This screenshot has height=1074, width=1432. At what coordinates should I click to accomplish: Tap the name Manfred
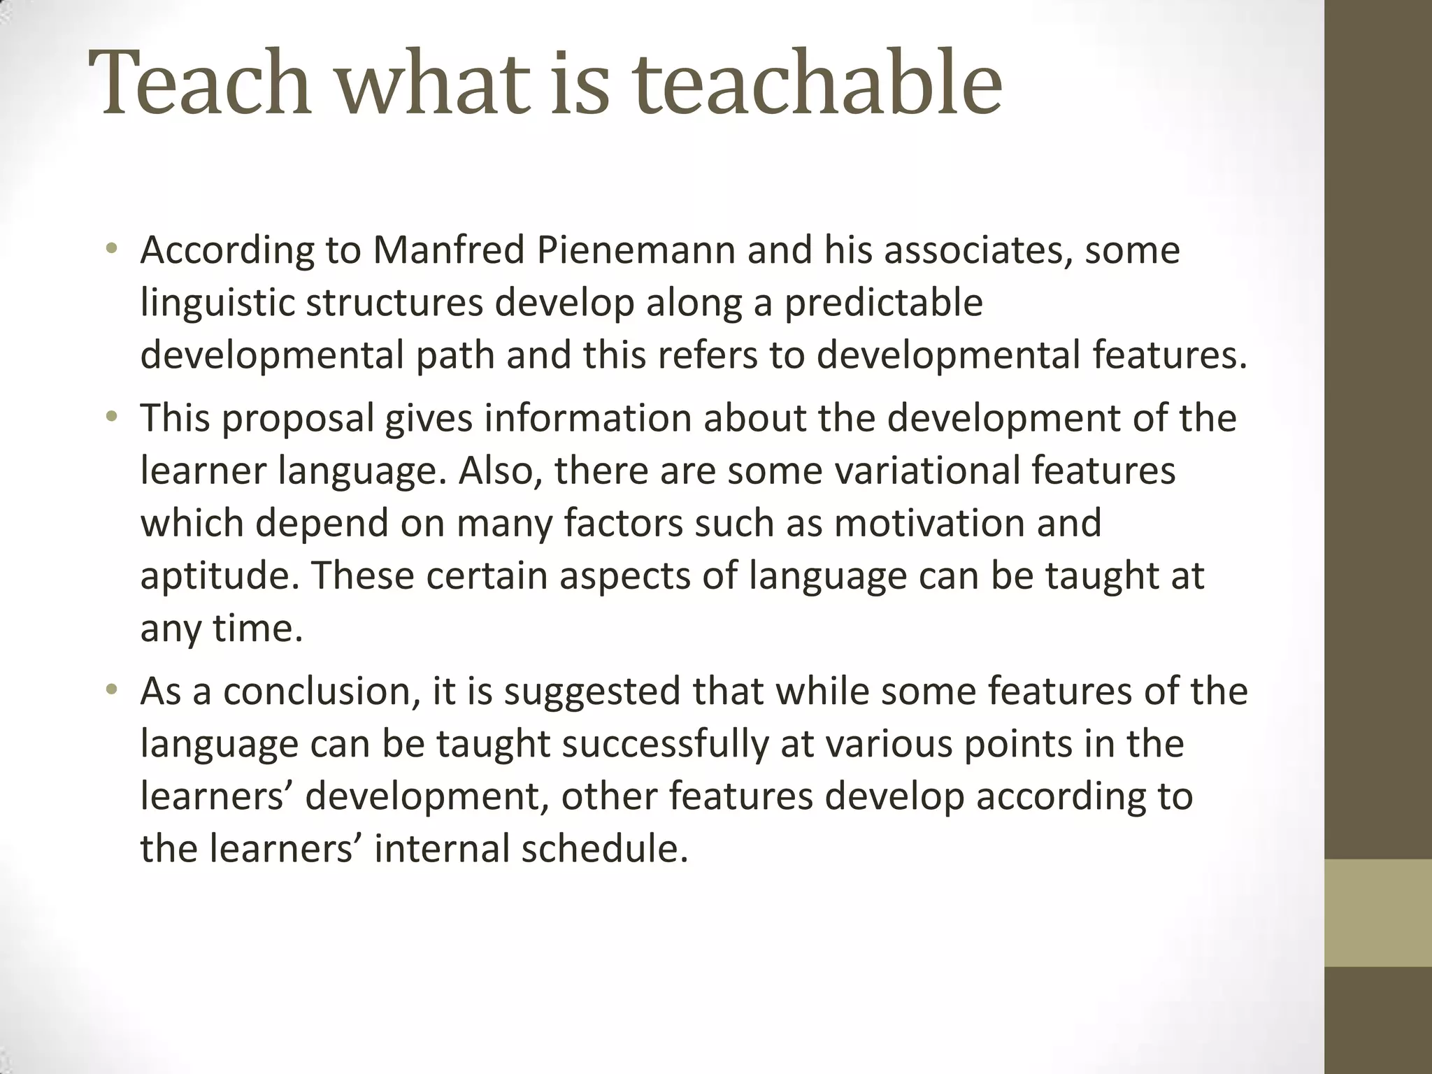(x=448, y=250)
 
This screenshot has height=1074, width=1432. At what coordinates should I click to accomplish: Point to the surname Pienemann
(x=636, y=250)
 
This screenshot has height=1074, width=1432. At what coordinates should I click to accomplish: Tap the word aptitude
(x=220, y=575)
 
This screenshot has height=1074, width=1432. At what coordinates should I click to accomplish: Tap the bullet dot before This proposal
(x=111, y=417)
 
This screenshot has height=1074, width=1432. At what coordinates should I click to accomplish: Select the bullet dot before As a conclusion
(x=111, y=689)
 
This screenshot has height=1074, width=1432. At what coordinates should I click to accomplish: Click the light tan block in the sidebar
(x=1378, y=912)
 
